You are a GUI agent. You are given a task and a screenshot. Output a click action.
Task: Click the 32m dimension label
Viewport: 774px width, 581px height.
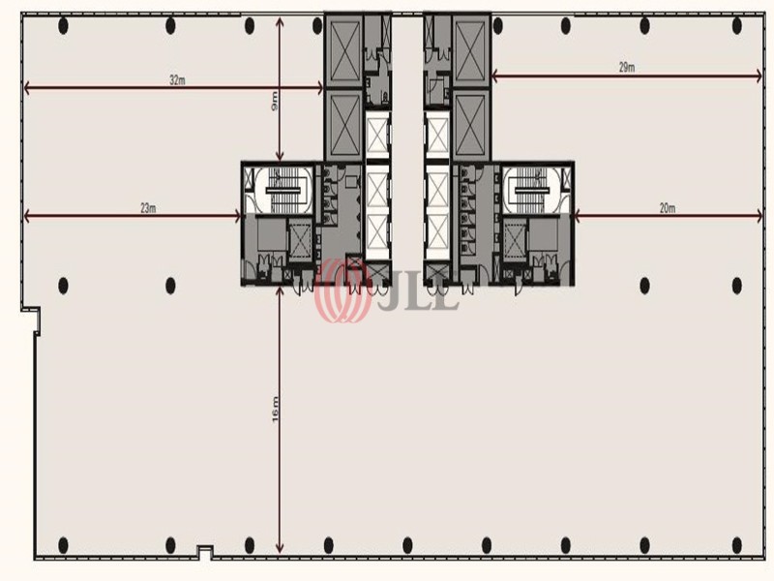177,80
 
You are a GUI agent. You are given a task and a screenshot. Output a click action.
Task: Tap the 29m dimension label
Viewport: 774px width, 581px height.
627,68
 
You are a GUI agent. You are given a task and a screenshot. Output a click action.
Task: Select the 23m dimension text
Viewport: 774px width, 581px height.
148,208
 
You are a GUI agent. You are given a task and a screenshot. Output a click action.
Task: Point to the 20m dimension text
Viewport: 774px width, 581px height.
668,208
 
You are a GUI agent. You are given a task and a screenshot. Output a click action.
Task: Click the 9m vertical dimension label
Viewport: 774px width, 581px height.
275,101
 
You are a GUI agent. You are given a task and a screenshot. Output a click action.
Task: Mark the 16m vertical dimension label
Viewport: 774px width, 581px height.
275,410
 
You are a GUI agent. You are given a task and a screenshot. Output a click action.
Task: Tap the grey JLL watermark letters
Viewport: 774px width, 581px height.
419,296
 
